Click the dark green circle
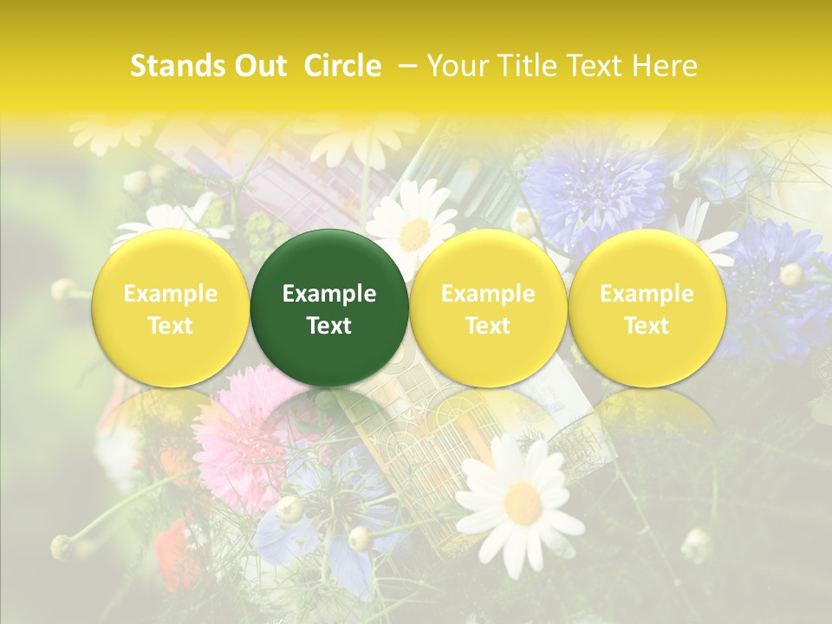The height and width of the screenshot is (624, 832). [329, 308]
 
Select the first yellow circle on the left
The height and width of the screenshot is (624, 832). [171, 308]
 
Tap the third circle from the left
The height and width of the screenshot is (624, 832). [488, 308]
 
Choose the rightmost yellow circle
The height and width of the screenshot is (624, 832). [647, 308]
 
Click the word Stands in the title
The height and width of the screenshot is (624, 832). [170, 66]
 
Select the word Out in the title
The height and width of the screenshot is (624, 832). [260, 66]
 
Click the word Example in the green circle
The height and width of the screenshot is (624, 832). [329, 294]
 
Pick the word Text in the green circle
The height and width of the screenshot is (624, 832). [329, 326]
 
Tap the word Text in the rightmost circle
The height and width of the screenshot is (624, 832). [647, 326]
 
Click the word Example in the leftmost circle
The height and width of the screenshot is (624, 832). [171, 294]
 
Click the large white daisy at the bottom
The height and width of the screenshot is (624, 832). [520, 503]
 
